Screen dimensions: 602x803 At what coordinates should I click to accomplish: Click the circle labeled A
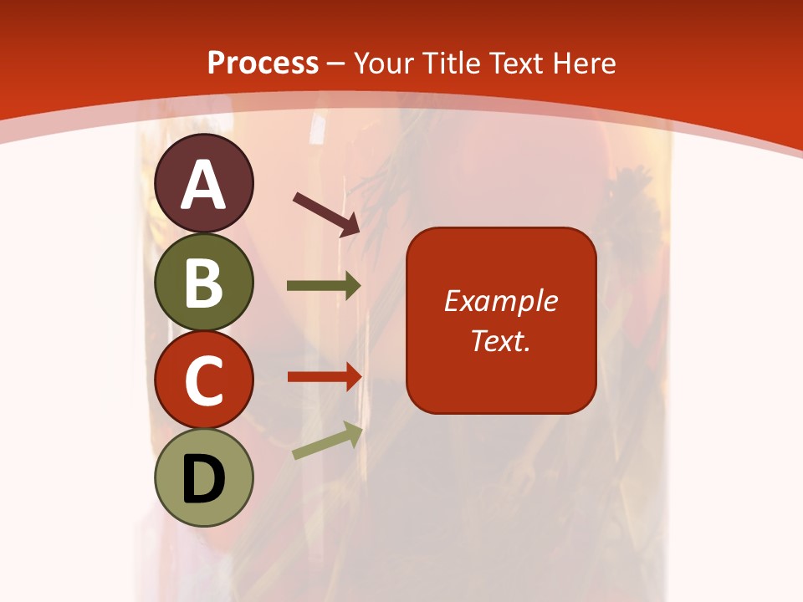[x=203, y=183]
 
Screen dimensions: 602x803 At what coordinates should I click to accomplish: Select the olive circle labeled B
[x=203, y=282]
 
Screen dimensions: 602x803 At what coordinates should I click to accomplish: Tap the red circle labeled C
[x=203, y=380]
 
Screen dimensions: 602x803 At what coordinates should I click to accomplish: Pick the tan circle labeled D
[x=203, y=478]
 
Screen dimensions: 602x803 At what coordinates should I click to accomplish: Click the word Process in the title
[x=263, y=63]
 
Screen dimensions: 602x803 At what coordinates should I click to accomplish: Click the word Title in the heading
[x=451, y=63]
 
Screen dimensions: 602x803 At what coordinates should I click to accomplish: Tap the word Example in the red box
[x=500, y=301]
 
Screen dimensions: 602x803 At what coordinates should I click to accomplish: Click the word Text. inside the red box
[x=500, y=340]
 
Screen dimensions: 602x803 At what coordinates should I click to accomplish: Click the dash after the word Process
[x=336, y=64]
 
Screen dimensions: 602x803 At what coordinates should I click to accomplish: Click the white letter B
[x=203, y=282]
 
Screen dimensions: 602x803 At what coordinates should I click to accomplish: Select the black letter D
[x=203, y=479]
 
